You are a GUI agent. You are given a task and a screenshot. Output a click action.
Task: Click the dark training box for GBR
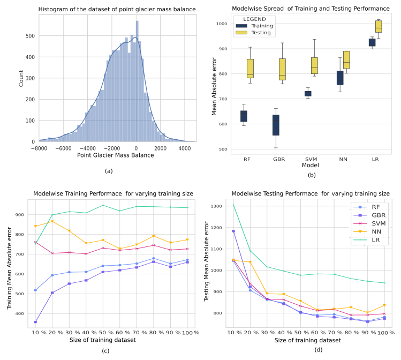pos(276,125)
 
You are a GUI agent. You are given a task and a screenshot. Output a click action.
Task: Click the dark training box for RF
pos(244,116)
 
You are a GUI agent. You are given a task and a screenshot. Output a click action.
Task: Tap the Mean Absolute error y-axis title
pos(214,86)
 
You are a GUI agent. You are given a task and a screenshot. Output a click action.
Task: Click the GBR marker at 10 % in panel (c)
pos(35,322)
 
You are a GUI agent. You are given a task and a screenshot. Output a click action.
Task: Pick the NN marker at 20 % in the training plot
pos(52,221)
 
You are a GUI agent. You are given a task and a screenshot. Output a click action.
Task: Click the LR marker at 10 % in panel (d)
pos(234,205)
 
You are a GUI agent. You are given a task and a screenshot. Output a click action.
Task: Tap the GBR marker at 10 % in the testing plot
pos(234,231)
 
